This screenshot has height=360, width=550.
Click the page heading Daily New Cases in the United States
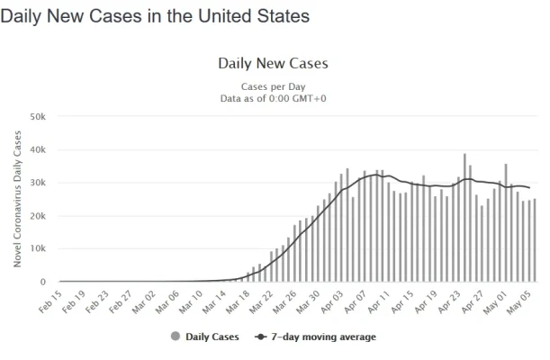[155, 16]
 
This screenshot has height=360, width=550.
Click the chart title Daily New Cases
[273, 64]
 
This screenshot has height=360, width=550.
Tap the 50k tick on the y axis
[38, 117]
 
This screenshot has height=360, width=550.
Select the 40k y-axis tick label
[38, 150]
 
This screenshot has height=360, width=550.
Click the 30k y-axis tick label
[38, 184]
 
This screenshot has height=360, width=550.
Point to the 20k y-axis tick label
[38, 217]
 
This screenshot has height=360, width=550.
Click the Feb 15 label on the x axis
[50, 300]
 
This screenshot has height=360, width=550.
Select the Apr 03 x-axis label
[329, 300]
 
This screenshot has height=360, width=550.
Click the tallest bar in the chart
[465, 218]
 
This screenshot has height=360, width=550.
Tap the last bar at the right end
[535, 240]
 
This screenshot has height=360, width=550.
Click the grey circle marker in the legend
[175, 337]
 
